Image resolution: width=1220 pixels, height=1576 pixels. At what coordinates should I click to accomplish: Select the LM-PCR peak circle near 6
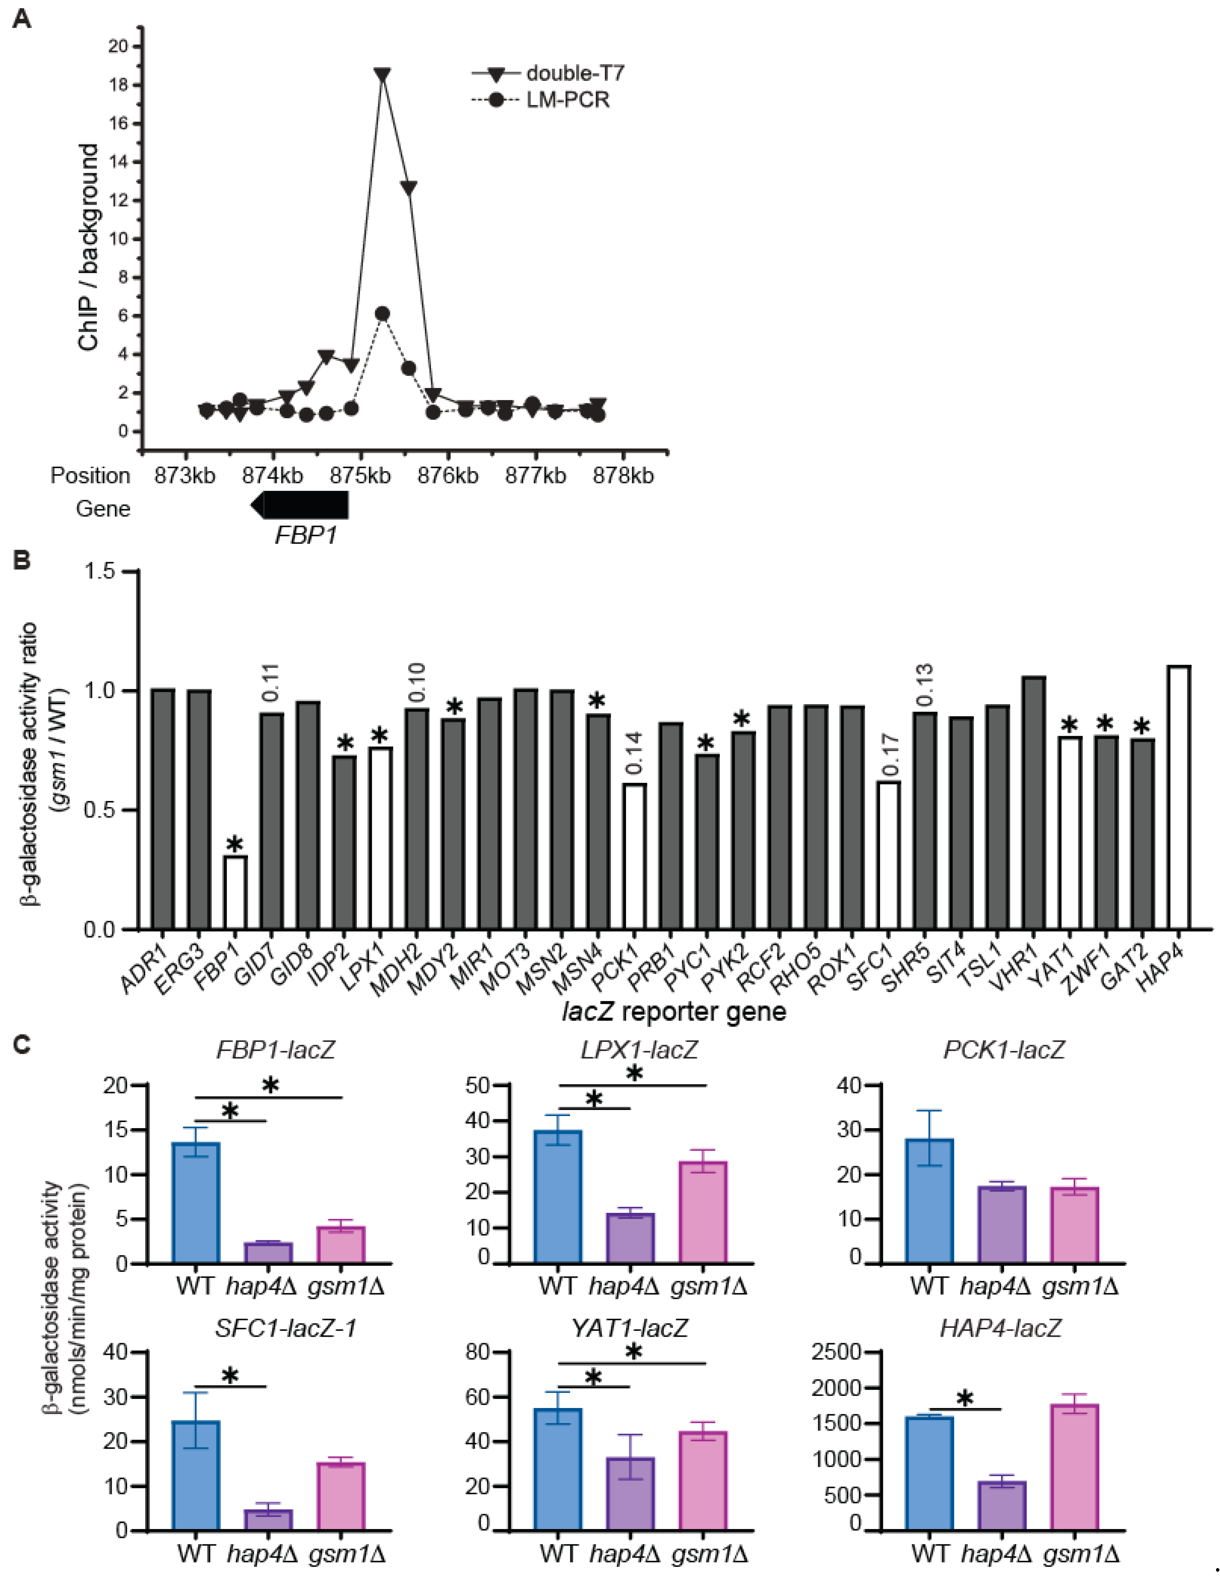(x=382, y=314)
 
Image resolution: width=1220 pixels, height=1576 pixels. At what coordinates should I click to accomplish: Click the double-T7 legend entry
(x=548, y=73)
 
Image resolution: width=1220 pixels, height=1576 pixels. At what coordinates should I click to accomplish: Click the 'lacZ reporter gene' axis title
(x=674, y=1012)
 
